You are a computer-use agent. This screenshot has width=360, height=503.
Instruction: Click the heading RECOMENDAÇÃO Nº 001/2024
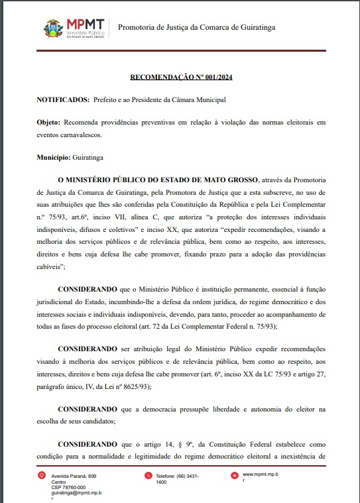click(x=180, y=78)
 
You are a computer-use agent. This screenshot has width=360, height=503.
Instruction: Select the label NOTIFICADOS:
click(x=62, y=99)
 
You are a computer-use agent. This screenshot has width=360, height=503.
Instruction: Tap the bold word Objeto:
click(x=48, y=122)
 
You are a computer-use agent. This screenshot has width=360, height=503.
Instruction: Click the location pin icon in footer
click(x=43, y=475)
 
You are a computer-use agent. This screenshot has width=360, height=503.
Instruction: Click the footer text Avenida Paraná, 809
click(x=74, y=476)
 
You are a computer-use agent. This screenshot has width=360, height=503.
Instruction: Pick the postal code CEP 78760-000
click(x=68, y=487)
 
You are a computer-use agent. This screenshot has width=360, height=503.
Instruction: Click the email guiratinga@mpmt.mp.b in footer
click(x=74, y=492)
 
